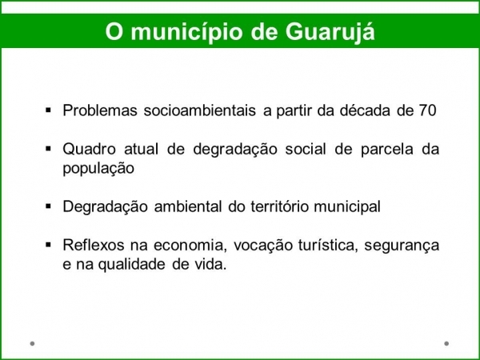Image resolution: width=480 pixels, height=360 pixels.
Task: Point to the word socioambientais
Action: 199,110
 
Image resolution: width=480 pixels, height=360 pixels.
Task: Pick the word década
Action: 365,110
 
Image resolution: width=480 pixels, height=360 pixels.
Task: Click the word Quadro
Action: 89,150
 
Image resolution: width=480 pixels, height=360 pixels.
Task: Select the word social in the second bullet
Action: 306,150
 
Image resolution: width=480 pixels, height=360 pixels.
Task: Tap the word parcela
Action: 387,150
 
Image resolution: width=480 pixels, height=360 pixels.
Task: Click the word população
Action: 98,169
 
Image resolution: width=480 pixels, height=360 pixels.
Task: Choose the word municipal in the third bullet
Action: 347,207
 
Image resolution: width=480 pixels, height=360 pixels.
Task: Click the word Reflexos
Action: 94,246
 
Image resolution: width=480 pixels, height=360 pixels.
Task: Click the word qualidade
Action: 132,265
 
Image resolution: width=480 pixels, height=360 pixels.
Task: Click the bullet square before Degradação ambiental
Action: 48,206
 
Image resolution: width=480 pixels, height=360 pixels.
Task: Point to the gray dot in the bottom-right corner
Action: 446,343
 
